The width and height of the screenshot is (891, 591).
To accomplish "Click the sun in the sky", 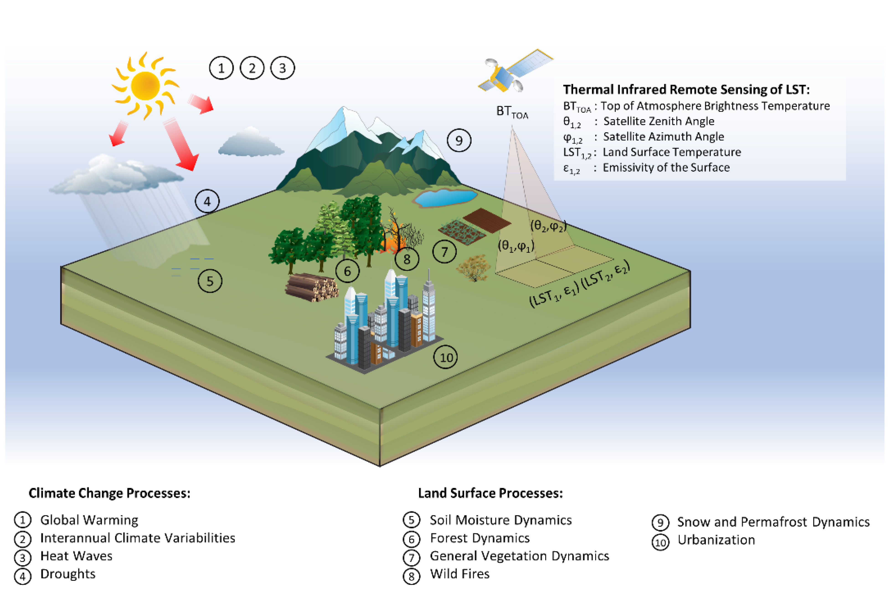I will (x=145, y=86).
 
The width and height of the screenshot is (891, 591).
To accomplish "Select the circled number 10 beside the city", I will (x=446, y=357).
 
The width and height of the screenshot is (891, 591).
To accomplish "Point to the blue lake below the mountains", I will (x=445, y=198).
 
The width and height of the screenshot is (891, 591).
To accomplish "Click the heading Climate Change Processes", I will (x=109, y=493).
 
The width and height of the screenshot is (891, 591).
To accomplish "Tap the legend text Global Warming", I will (x=89, y=520).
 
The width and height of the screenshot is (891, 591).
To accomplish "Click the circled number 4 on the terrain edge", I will (x=207, y=202).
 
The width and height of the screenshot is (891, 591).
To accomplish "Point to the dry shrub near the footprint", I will (x=473, y=268).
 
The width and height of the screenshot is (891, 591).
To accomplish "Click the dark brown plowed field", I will (x=487, y=220).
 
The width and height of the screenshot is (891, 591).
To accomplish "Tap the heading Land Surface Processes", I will (x=490, y=493).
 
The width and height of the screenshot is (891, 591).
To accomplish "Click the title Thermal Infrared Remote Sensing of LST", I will (x=686, y=90).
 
